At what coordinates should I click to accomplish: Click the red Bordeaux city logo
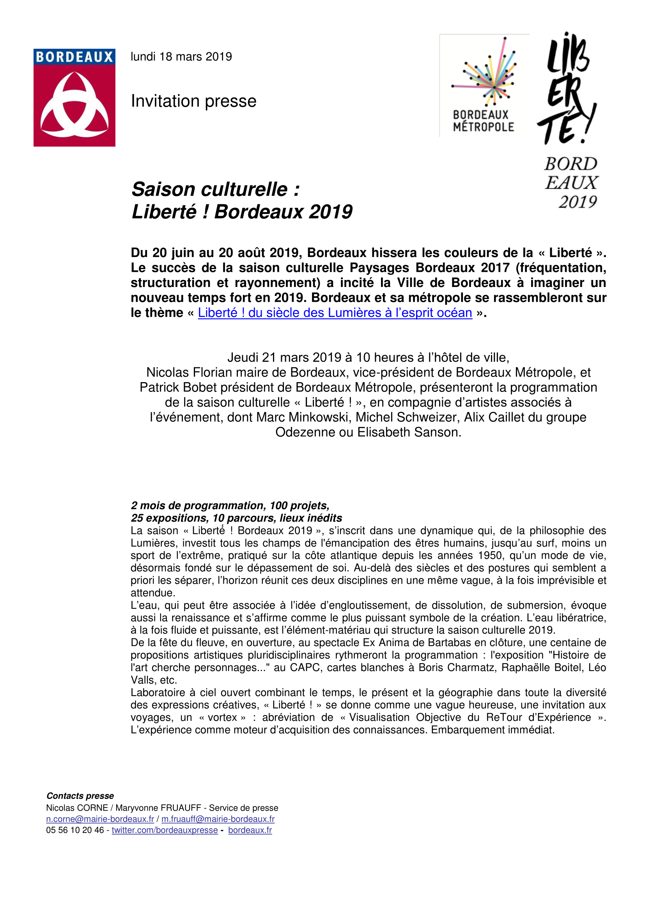(x=74, y=98)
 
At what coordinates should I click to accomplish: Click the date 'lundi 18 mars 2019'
(x=181, y=57)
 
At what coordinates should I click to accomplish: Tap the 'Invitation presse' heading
(x=194, y=101)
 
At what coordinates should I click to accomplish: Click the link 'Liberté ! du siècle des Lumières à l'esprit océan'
(x=335, y=313)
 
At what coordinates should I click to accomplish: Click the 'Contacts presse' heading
(x=80, y=796)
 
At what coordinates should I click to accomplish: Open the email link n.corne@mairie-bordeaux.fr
(x=100, y=819)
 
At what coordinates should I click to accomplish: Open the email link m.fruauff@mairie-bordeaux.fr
(x=218, y=819)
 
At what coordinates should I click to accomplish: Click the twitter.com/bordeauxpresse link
(x=165, y=830)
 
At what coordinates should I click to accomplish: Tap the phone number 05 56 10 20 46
(x=75, y=830)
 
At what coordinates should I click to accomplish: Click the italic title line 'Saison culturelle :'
(x=216, y=189)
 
